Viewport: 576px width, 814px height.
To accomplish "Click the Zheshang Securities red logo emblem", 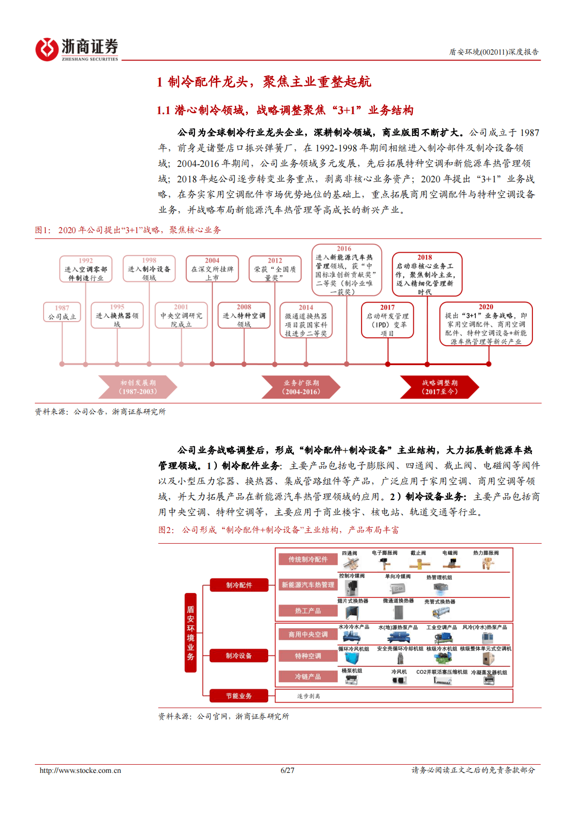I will [x=46, y=49].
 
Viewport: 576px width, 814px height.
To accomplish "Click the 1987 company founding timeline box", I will [x=62, y=312].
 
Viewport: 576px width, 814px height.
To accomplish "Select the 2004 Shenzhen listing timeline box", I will [x=212, y=269].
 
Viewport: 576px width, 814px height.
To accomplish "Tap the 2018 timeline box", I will [x=426, y=274].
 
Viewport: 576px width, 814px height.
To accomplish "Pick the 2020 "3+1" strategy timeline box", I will [x=486, y=324].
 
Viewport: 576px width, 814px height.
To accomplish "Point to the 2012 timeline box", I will [x=275, y=269].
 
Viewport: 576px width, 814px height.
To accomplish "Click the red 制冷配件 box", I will [x=239, y=585].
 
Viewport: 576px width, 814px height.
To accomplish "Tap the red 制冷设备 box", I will [x=239, y=656].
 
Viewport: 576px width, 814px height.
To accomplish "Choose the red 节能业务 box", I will [x=239, y=696].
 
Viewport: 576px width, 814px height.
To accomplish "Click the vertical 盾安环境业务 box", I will [x=191, y=633].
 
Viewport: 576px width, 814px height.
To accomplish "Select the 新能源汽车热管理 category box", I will [x=308, y=585].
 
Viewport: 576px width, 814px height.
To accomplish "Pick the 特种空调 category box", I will [x=308, y=656].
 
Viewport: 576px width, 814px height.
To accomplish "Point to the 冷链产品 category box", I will [x=308, y=677].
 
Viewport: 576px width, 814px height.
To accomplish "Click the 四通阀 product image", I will [x=350, y=564].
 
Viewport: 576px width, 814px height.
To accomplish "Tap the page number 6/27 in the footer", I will [x=288, y=770].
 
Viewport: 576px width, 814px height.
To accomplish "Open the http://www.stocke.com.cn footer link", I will [x=80, y=770].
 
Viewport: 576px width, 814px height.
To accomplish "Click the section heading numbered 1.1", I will [x=285, y=110].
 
